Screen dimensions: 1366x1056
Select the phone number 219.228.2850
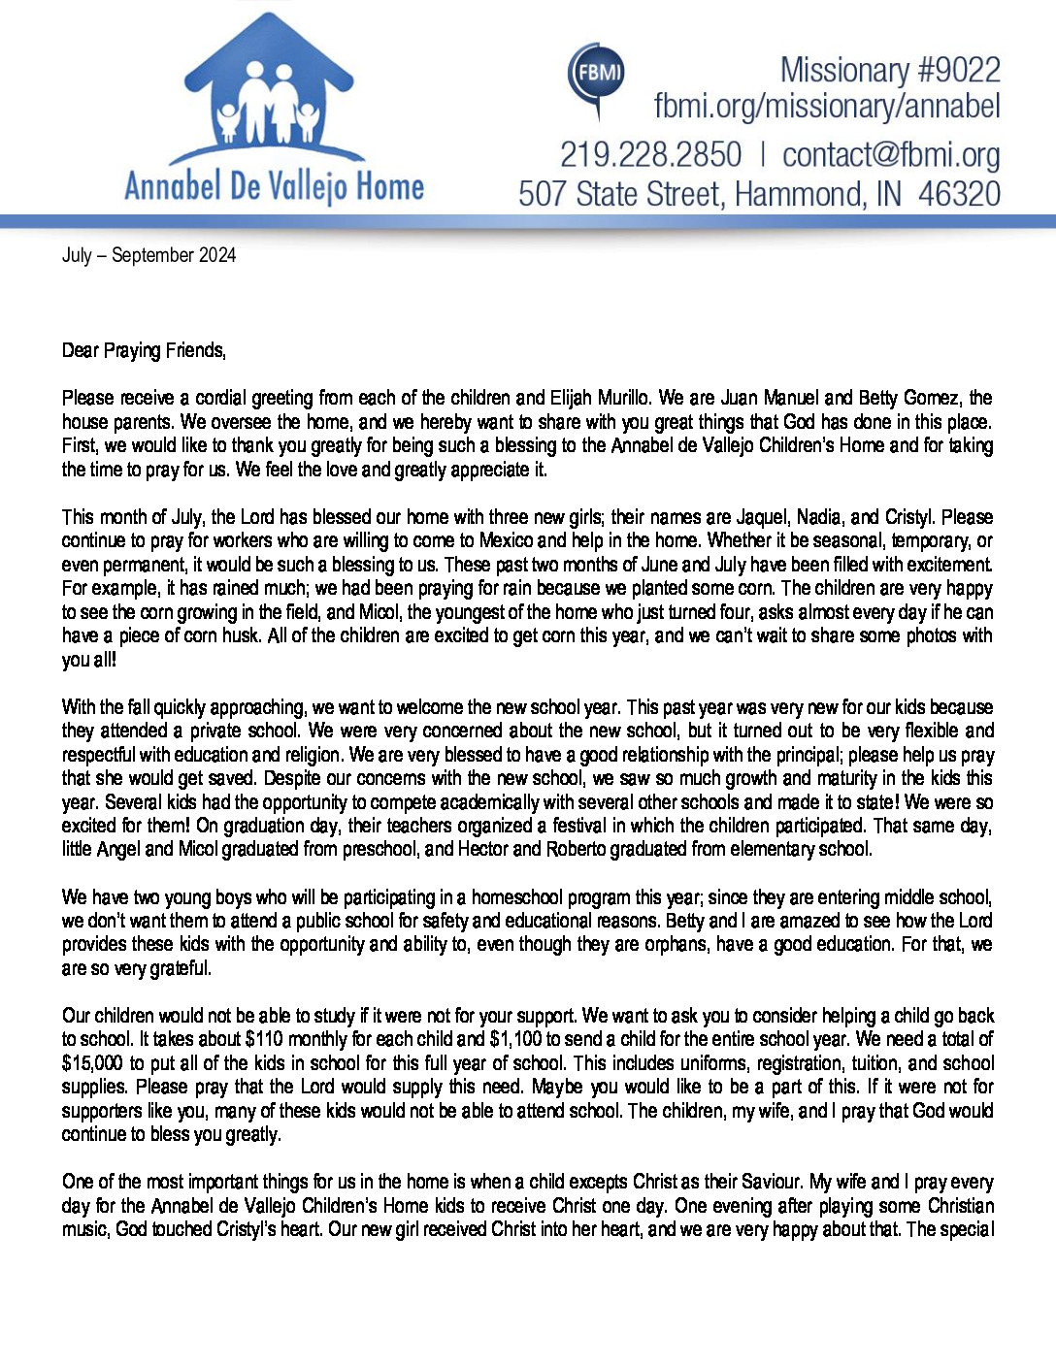coord(650,155)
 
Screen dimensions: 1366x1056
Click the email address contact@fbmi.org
coord(890,155)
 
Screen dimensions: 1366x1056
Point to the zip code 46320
coord(958,194)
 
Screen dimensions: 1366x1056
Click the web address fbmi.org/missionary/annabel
coord(826,106)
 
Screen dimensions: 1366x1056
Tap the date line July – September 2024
coord(148,255)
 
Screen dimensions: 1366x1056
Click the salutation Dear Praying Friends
coord(144,350)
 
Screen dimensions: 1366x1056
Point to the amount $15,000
coord(92,1063)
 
